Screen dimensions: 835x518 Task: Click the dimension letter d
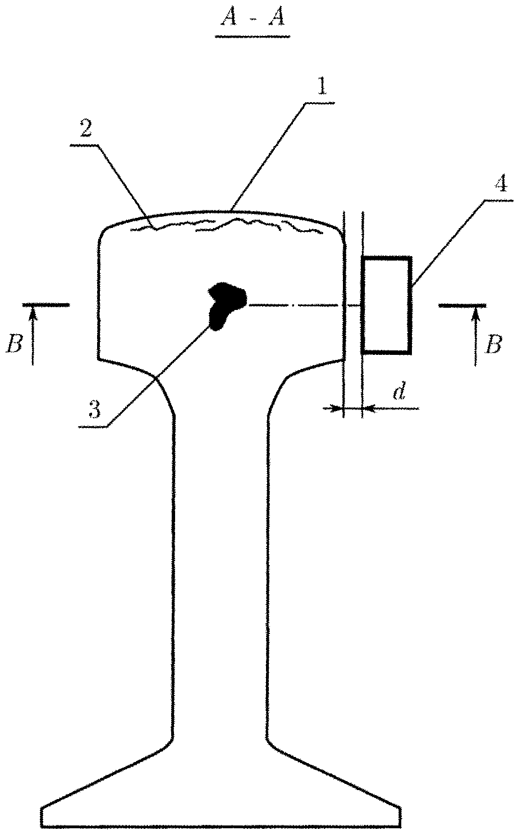(x=398, y=391)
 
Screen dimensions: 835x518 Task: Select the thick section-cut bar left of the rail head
(x=47, y=305)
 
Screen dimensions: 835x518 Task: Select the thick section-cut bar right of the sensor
(x=462, y=305)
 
